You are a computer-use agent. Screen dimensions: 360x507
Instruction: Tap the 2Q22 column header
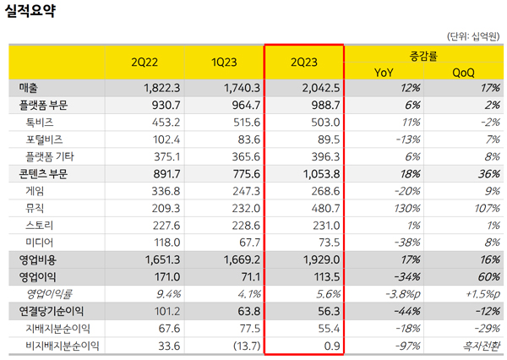[x=144, y=62]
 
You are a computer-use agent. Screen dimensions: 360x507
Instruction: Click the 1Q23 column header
[x=225, y=62]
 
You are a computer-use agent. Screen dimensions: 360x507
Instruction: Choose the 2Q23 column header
[x=304, y=62]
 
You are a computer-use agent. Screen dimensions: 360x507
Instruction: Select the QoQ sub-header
[x=463, y=72]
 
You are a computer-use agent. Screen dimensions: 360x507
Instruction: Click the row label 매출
[x=29, y=87]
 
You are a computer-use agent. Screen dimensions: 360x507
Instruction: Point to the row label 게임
[x=37, y=190]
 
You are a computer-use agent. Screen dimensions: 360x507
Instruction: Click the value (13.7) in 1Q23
[x=239, y=345]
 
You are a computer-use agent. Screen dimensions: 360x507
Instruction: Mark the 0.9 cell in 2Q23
[x=330, y=345]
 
